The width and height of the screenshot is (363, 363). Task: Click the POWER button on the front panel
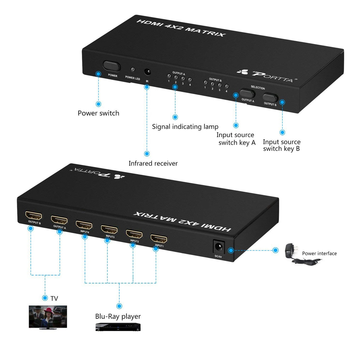click(112, 66)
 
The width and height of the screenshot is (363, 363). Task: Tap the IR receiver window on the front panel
click(147, 72)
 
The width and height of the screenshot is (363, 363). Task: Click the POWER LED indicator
click(132, 70)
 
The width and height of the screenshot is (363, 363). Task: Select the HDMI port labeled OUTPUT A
click(59, 220)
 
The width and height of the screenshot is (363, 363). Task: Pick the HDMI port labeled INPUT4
click(84, 225)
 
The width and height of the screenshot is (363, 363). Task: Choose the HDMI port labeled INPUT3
click(109, 229)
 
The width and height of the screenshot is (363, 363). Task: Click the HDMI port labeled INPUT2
click(134, 234)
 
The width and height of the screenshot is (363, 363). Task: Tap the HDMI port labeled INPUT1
click(159, 239)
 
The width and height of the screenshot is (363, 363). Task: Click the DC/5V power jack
click(218, 247)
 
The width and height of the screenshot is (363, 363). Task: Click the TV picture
click(48, 317)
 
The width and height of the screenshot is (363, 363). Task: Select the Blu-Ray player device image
click(118, 327)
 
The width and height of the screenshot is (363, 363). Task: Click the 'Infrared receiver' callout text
click(153, 163)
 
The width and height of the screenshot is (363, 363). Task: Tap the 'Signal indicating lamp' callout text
click(185, 126)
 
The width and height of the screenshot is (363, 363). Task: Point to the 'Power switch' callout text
click(98, 113)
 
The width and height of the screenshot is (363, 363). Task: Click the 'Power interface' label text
click(319, 254)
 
